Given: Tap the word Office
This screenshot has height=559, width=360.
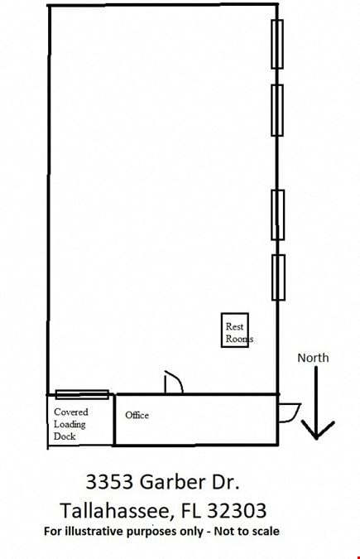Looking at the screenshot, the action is [137, 416].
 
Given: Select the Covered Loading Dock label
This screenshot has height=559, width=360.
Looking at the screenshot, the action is [70, 424].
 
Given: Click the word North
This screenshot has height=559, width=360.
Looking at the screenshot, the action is [313, 358].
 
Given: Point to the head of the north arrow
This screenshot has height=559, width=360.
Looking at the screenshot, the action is [316, 437].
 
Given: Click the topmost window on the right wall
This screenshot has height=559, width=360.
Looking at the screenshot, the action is [277, 44].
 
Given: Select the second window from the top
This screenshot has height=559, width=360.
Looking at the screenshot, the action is [277, 110].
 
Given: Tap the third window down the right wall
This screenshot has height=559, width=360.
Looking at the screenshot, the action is [278, 214].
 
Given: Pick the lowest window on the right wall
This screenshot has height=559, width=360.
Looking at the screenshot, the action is [278, 277].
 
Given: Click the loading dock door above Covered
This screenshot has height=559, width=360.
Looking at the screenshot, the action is [82, 394].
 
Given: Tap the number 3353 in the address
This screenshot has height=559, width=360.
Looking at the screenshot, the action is [110, 482].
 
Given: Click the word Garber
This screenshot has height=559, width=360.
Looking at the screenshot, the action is [172, 482].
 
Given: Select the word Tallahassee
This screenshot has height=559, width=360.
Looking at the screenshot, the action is [118, 510].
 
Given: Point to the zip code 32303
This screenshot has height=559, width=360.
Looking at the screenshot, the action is [237, 510].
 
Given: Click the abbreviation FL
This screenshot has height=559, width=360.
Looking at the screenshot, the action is [190, 510].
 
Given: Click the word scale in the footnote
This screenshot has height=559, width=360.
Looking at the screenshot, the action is [265, 531].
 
